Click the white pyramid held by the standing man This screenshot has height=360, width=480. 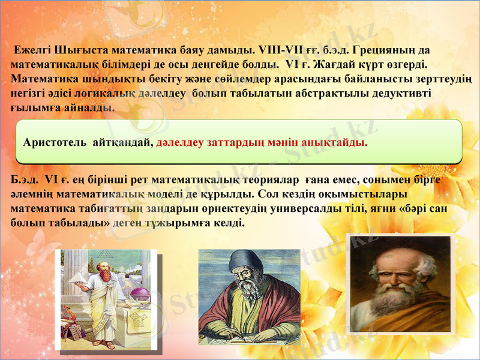coord(79,277)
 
